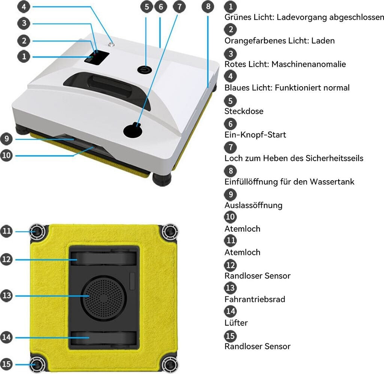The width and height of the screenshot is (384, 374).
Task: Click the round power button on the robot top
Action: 144,70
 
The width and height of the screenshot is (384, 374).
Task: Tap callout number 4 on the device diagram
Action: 24,6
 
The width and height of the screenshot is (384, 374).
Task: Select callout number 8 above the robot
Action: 208,6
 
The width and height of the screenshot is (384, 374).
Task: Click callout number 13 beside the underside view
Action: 7,295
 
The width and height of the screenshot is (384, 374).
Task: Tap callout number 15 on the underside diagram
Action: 7,364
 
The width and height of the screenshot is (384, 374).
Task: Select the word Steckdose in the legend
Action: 244,111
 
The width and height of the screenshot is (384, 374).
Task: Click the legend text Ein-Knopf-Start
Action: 255,135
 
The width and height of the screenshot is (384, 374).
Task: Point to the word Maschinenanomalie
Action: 309,64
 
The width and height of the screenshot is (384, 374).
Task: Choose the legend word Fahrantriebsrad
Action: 255,299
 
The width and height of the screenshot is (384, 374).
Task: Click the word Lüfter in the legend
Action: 236,323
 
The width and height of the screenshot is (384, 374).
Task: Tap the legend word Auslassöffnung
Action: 253,205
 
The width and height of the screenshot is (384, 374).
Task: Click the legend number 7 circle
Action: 230,147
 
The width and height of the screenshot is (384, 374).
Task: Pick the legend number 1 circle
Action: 230,6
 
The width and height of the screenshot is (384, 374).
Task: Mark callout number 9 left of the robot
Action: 7,139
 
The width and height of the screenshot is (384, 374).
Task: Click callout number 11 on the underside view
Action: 7,231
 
